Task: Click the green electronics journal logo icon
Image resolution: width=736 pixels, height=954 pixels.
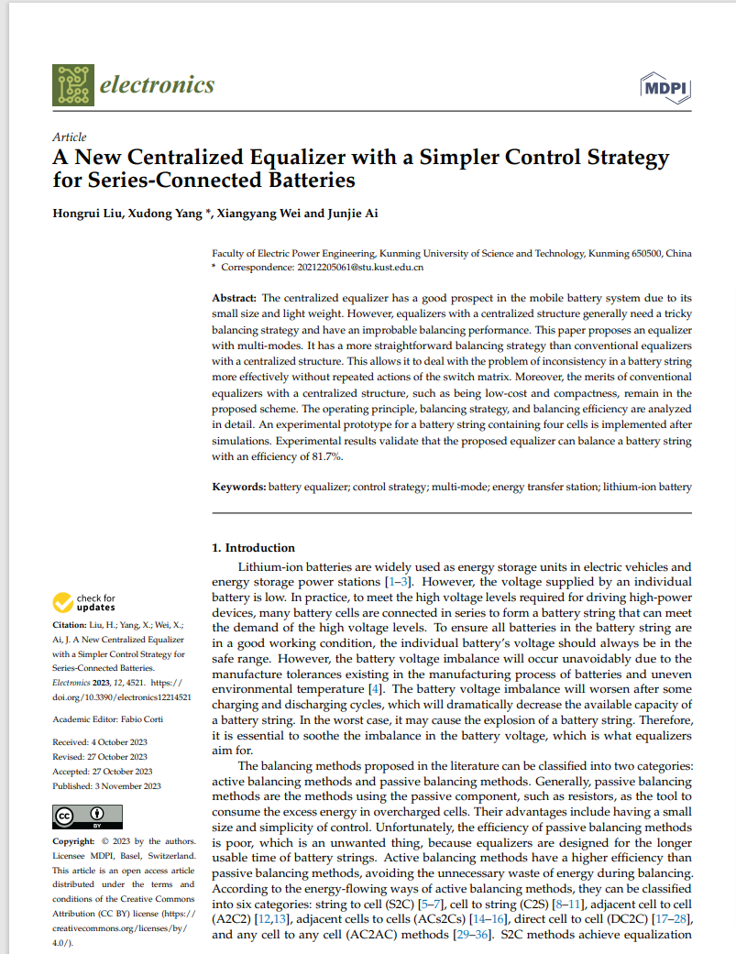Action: pyautogui.click(x=73, y=84)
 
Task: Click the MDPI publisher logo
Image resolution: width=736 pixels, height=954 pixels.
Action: pyautogui.click(x=666, y=88)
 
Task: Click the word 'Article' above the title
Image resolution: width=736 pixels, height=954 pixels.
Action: pyautogui.click(x=70, y=137)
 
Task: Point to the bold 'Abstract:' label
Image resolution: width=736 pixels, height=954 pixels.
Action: pyautogui.click(x=234, y=299)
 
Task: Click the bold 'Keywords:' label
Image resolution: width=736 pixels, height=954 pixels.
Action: pyautogui.click(x=239, y=487)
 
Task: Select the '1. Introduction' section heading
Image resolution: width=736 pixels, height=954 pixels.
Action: pyautogui.click(x=254, y=548)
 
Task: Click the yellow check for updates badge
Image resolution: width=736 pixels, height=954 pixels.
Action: pyautogui.click(x=84, y=602)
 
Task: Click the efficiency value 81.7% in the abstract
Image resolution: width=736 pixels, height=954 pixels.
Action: pyautogui.click(x=325, y=455)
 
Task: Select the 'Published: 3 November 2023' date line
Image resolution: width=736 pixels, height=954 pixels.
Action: pyautogui.click(x=106, y=785)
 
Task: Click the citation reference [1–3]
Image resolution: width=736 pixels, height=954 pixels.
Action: pyautogui.click(x=397, y=582)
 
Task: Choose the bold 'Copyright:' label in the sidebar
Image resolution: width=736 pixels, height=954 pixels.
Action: pyautogui.click(x=74, y=840)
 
